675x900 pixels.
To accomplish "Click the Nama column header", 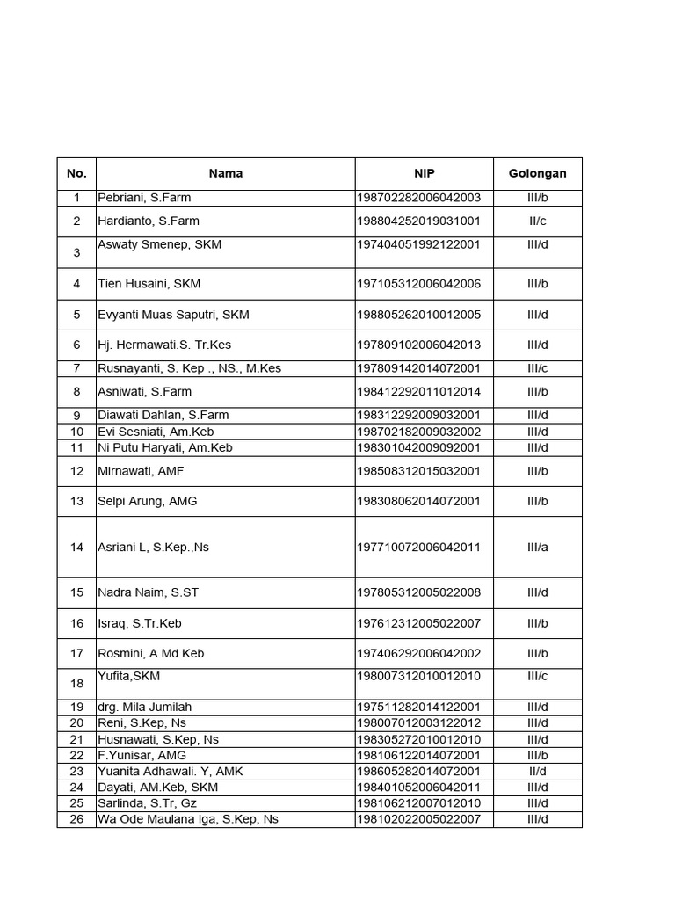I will [226, 173].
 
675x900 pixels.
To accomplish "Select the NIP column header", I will [425, 173].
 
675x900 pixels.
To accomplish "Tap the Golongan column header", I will [537, 173].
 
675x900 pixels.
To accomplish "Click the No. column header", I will [76, 173].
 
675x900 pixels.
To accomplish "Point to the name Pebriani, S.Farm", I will [144, 198].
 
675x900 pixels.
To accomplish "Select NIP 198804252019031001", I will [418, 221].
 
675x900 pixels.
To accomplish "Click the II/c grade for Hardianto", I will [538, 221].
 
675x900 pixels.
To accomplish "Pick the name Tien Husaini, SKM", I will [149, 284].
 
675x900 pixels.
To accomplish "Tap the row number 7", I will [76, 368].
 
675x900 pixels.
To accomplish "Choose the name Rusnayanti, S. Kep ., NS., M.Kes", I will [190, 368].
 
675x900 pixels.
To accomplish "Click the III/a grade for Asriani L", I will [538, 547].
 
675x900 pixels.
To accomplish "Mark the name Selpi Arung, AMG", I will [148, 501].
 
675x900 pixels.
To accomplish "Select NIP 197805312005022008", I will [418, 592].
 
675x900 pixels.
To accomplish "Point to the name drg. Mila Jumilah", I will [145, 707].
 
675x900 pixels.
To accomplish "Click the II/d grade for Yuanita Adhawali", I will [538, 771].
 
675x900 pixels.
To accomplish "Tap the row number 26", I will [76, 819].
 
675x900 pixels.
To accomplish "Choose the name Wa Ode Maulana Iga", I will [188, 819].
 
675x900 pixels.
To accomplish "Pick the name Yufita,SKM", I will [129, 676].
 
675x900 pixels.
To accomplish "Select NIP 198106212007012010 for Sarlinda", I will [418, 803].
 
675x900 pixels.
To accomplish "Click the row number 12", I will [76, 471].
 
